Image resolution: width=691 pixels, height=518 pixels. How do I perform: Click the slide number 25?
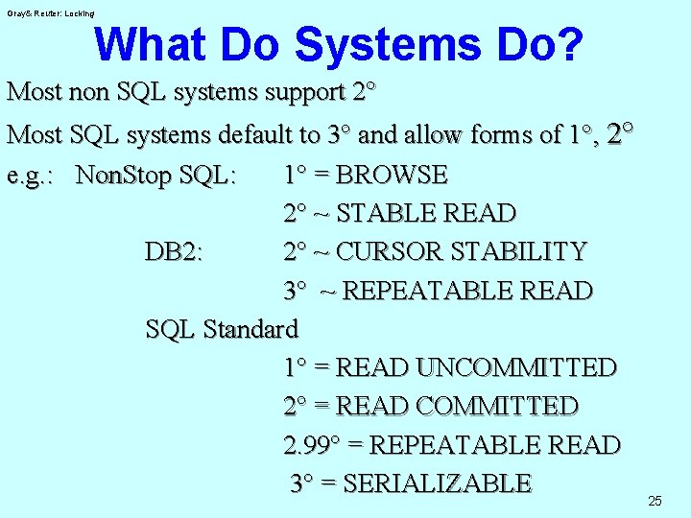coord(655,501)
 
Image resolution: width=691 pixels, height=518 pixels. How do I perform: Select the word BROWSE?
coord(393,176)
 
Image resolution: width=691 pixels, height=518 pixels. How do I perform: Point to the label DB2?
coord(179,252)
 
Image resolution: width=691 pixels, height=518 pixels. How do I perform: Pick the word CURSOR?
coord(384,252)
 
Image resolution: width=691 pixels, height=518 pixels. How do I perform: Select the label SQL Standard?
coord(222,329)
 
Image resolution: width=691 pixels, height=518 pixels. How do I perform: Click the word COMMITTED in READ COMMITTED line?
coord(497,406)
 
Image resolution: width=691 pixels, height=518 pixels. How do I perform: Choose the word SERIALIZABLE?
coord(437,483)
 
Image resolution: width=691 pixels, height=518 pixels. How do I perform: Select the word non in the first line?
coord(90,93)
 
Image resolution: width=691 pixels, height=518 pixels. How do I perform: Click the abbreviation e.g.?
coord(35,177)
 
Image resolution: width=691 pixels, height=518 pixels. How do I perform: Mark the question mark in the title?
coord(568,44)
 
